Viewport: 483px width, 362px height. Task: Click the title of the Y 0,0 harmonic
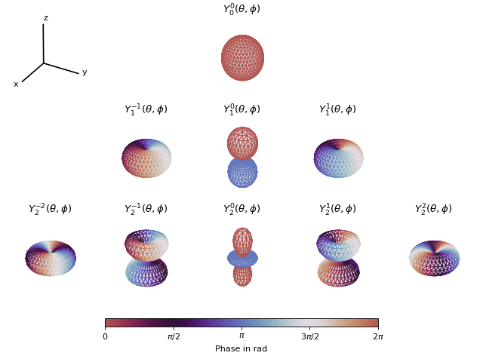pyautogui.click(x=241, y=10)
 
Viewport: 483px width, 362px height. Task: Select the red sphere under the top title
pyautogui.click(x=242, y=57)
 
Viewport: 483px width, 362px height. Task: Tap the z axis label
pyautogui.click(x=45, y=18)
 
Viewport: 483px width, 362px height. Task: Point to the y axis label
pyautogui.click(x=85, y=72)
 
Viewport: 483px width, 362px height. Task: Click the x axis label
pyautogui.click(x=16, y=84)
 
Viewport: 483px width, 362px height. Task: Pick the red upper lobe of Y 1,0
pyautogui.click(x=242, y=143)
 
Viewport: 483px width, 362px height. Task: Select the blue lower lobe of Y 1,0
pyautogui.click(x=242, y=172)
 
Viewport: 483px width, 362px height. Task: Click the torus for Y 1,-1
pyautogui.click(x=146, y=158)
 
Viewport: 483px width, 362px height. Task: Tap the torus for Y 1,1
pyautogui.click(x=338, y=158)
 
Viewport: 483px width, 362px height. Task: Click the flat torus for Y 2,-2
pyautogui.click(x=51, y=258)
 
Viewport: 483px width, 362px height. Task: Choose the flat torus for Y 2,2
pyautogui.click(x=434, y=258)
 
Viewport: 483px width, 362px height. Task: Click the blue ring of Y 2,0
pyautogui.click(x=242, y=259)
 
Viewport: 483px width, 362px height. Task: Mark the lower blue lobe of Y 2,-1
pyautogui.click(x=146, y=272)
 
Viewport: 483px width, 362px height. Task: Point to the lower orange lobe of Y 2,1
pyautogui.click(x=338, y=272)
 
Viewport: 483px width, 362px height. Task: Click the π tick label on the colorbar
pyautogui.click(x=241, y=336)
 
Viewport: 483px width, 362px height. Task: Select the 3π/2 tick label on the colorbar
pyautogui.click(x=309, y=336)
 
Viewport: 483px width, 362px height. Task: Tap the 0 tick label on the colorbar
pyautogui.click(x=105, y=336)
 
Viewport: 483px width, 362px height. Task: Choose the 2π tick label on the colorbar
pyautogui.click(x=377, y=336)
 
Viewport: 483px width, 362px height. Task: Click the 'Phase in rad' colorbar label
pyautogui.click(x=241, y=349)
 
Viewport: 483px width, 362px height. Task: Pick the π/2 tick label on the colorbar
pyautogui.click(x=173, y=336)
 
